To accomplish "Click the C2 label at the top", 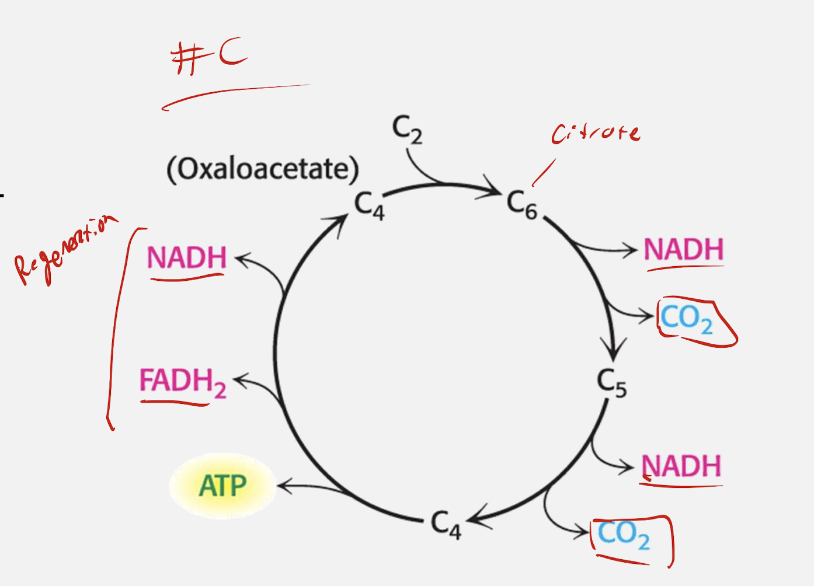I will [407, 130].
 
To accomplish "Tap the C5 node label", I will [611, 383].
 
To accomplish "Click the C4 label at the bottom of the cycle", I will [446, 524].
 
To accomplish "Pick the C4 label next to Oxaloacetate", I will [369, 206].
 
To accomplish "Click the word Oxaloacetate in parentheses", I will [263, 169].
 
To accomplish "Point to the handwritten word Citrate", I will [596, 133].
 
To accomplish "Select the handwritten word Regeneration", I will [64, 251].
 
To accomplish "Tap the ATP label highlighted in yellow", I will [222, 486].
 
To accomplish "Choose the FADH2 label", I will [182, 382].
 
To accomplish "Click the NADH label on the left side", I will [186, 258].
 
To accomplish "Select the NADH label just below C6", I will [683, 250].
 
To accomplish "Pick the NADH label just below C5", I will [681, 466].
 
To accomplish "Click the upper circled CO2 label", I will [687, 319].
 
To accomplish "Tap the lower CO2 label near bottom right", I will [623, 534].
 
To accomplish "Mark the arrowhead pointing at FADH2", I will [239, 381].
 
